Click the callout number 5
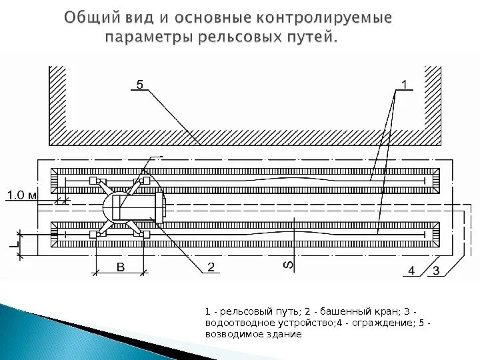[x=139, y=84]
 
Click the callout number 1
[x=404, y=84]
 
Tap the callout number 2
[x=211, y=267]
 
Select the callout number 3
[x=435, y=270]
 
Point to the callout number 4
[x=412, y=270]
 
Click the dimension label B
[x=120, y=267]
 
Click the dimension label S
[x=289, y=265]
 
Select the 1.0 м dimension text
[x=25, y=195]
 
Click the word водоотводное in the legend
[x=234, y=323]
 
